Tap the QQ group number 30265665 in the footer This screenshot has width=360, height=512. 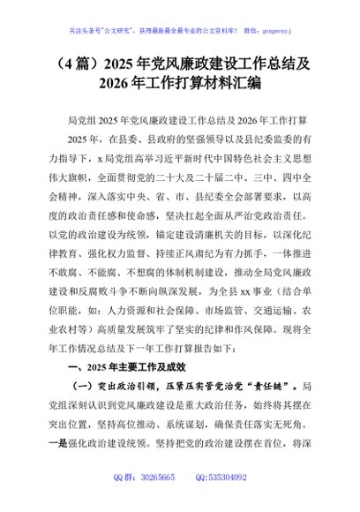pos(153,501)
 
